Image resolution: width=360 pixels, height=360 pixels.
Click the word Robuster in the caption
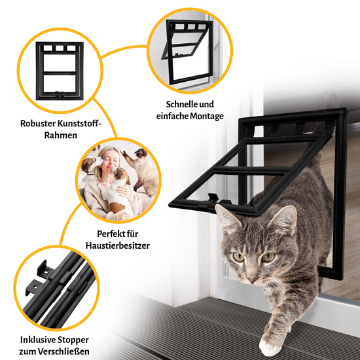(37, 124)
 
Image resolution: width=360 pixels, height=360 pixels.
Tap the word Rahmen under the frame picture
(61, 135)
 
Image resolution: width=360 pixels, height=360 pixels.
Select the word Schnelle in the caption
(181, 104)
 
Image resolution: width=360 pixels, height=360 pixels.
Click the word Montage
(207, 116)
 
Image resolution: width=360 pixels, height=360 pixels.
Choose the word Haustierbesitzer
(118, 245)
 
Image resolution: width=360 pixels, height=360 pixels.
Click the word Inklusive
(37, 340)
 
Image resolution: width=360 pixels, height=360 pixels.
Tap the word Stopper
(73, 340)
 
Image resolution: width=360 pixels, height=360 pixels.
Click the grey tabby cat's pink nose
(252, 280)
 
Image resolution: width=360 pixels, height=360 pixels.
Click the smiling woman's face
(109, 162)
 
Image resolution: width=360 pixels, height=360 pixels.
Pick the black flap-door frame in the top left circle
(60, 71)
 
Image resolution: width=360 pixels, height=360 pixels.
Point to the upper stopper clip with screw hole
(44, 269)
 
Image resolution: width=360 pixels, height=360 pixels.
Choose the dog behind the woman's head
(90, 164)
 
